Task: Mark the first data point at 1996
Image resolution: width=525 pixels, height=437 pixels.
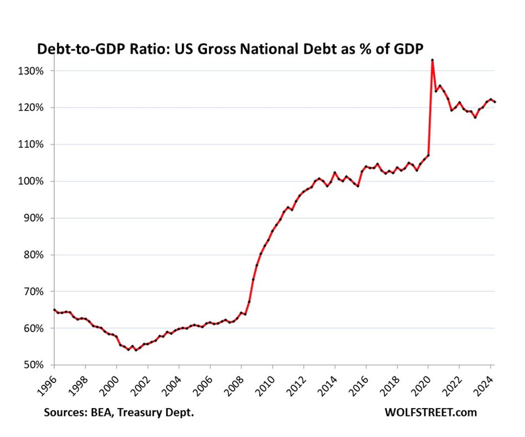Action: coord(54,310)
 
